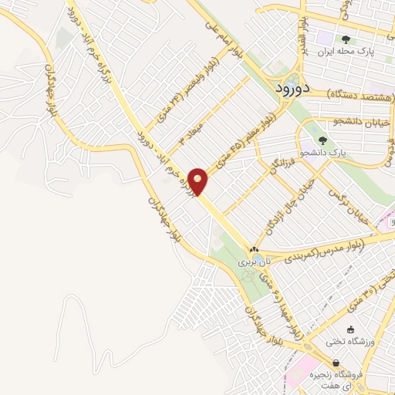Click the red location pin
point(199,181)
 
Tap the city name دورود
point(294,89)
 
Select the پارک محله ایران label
point(345,53)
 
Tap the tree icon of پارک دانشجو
point(321,140)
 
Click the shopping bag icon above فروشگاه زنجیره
point(336,363)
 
